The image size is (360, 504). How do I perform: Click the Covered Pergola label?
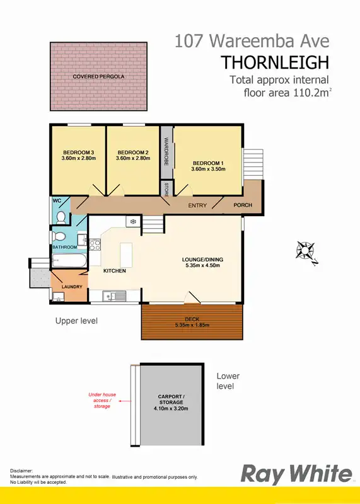[x=98, y=76]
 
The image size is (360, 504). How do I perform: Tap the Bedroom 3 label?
[x=78, y=152]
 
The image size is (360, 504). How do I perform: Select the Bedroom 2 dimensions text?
[x=132, y=158]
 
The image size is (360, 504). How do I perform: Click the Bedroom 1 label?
[x=207, y=163]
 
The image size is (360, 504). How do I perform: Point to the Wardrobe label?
[x=166, y=152]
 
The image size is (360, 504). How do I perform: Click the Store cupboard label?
[x=166, y=188]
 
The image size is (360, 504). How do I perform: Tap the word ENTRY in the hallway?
[x=198, y=205]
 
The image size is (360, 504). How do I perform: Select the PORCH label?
[x=243, y=205]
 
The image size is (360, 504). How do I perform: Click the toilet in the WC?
[x=61, y=217]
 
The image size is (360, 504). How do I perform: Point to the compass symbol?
[x=306, y=251]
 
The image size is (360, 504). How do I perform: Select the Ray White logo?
[x=296, y=474]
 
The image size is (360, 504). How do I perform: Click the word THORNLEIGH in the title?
[x=275, y=62]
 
